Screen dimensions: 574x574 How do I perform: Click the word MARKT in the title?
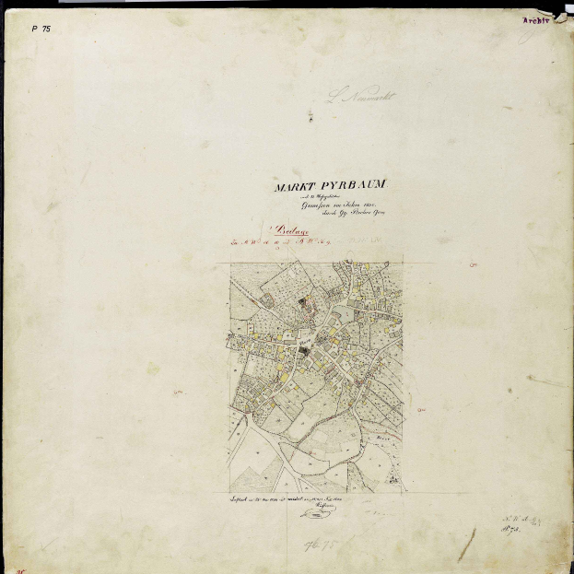click(293, 187)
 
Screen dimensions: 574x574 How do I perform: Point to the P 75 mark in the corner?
click(41, 29)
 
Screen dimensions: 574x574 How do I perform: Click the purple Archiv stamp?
click(537, 19)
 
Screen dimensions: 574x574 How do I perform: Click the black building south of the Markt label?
click(303, 354)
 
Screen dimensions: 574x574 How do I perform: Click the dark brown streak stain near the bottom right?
click(467, 545)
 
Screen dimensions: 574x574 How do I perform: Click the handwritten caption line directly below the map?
click(293, 498)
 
